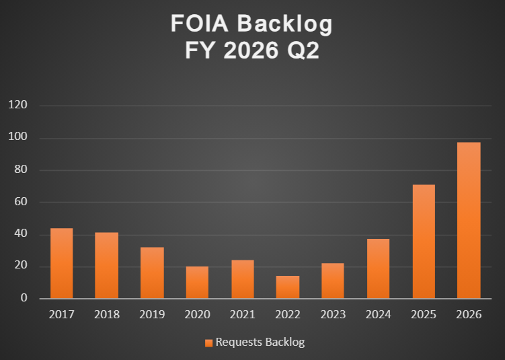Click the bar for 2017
[x=62, y=263]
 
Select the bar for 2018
[x=107, y=265]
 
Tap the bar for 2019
[x=152, y=273]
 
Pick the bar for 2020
[x=197, y=282]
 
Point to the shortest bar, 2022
[x=288, y=287]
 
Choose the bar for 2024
[x=378, y=268]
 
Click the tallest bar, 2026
[x=469, y=220]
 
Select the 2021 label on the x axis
[x=243, y=314]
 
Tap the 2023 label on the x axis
[x=333, y=314]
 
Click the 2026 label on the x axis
[x=469, y=314]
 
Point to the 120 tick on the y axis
[x=17, y=106]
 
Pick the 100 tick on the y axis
[x=17, y=138]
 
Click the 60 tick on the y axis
[x=20, y=202]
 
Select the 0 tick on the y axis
[x=24, y=298]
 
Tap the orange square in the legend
[x=208, y=343]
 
